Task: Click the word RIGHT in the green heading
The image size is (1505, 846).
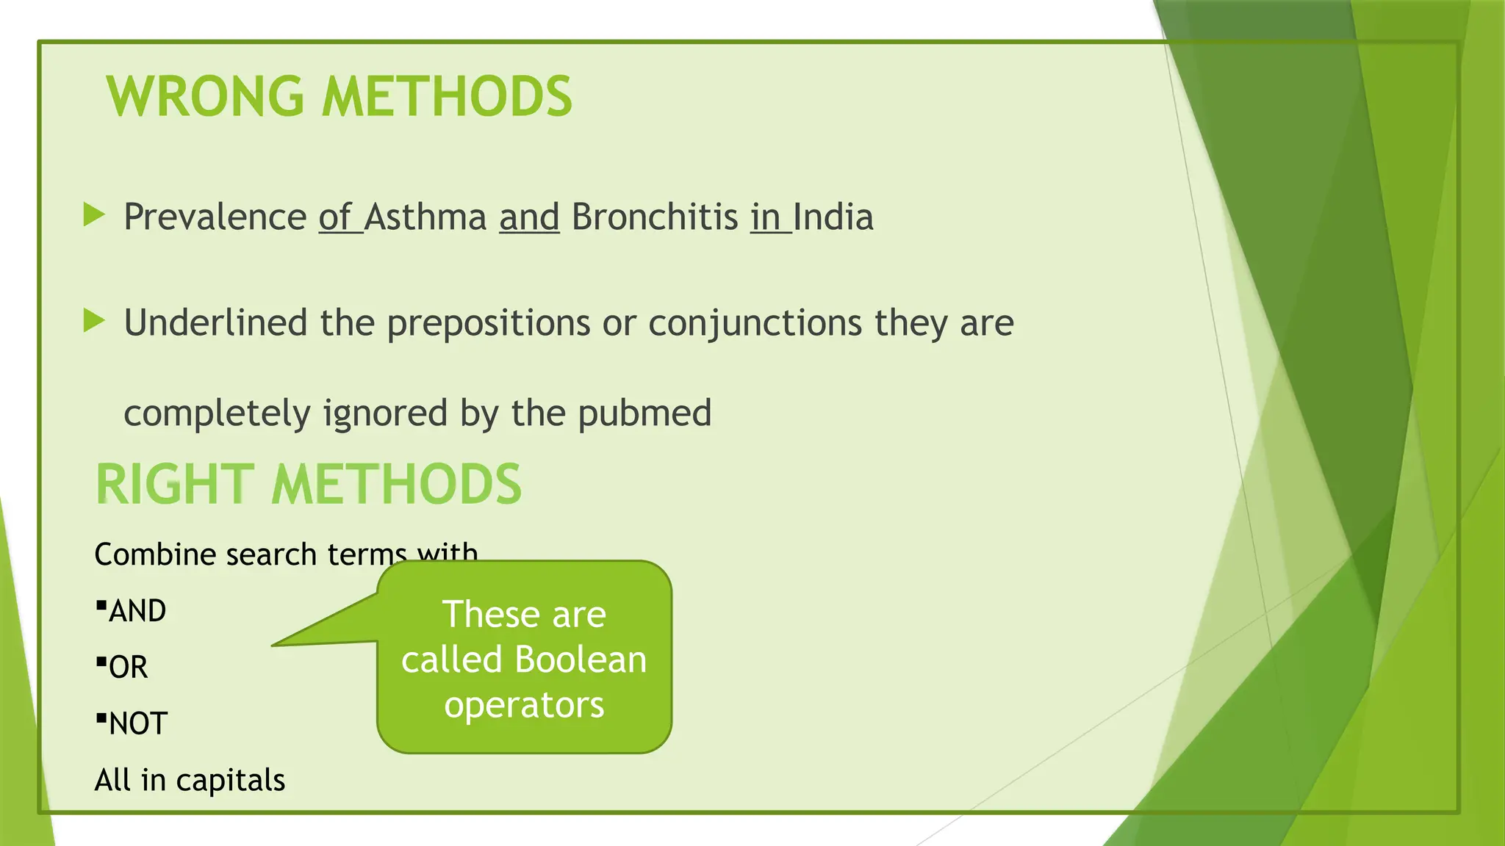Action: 175,485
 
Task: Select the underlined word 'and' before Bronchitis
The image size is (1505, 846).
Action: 529,217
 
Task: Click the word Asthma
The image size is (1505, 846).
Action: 425,217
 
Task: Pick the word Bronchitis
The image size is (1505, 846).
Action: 655,217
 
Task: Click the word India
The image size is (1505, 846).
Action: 833,217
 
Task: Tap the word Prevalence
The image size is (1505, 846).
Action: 215,217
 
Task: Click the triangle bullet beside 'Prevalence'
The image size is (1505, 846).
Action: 95,215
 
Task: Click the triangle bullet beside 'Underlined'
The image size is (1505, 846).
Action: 95,321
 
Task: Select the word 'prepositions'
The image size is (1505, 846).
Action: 488,324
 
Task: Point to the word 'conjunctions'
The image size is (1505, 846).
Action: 755,324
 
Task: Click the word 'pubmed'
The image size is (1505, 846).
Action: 644,413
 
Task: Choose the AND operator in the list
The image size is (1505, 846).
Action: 137,611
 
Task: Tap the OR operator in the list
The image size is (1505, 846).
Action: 128,668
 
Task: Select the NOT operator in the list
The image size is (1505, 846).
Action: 138,724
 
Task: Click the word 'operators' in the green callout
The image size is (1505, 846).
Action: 524,705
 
